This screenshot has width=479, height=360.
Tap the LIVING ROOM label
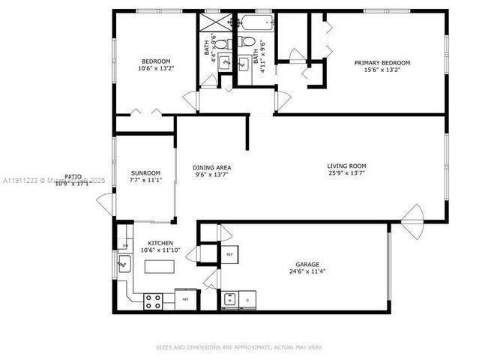click(346, 166)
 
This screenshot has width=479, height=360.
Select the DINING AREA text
click(211, 167)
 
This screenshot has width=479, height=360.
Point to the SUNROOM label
click(145, 172)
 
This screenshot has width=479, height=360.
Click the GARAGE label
click(307, 264)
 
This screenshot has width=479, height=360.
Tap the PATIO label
click(73, 176)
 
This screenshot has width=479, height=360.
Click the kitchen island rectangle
click(160, 266)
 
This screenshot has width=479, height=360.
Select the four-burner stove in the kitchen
click(153, 301)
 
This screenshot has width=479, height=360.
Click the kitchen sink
click(124, 264)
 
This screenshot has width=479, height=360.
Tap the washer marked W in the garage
click(229, 300)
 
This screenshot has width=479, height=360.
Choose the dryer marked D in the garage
click(247, 300)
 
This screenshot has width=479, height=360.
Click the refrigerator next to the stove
click(186, 300)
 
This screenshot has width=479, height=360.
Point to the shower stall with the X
click(212, 21)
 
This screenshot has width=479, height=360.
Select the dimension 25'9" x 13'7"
click(346, 174)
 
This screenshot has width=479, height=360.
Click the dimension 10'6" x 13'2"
click(156, 69)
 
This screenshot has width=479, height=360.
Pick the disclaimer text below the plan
click(239, 347)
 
